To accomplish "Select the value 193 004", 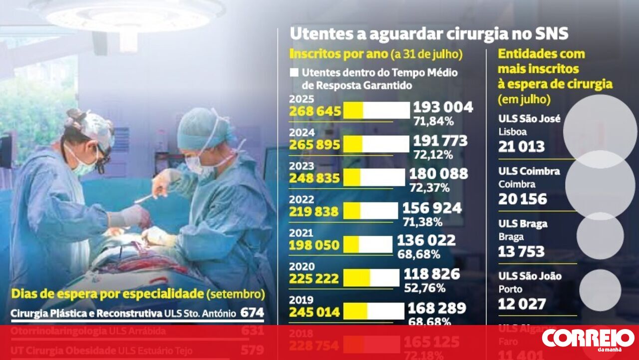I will (443, 107).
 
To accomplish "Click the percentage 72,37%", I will (429, 188).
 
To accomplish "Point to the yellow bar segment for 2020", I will (356, 278).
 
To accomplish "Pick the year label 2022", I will (302, 199).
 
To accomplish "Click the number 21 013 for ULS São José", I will (521, 146).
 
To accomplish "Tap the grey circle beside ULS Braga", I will (600, 236).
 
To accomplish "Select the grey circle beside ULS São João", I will (600, 290).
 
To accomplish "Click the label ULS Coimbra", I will (529, 171).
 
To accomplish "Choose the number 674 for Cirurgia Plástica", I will (252, 313).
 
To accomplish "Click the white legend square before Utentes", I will (294, 72).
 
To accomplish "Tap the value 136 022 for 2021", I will (426, 241).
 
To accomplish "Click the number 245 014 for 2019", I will (315, 312).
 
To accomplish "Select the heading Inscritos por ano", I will (338, 53).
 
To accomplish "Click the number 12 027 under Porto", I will (522, 304).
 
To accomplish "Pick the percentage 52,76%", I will (419, 289).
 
